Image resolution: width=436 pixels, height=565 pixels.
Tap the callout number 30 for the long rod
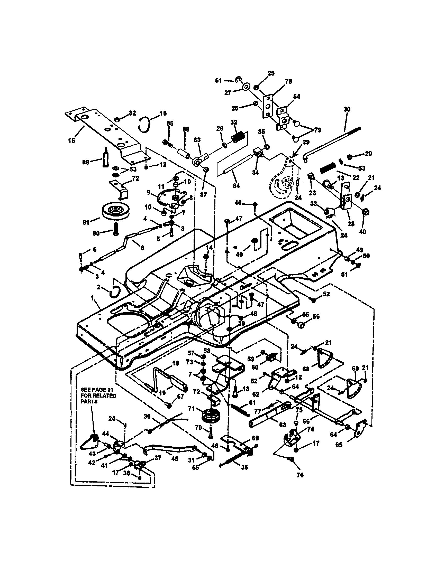[x=347, y=109]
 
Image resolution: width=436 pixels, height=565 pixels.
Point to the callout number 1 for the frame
[x=92, y=298]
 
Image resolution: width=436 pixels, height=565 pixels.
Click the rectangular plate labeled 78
[x=268, y=106]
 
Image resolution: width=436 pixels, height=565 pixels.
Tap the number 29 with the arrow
[x=306, y=142]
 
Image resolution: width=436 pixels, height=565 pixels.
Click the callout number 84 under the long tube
[x=236, y=185]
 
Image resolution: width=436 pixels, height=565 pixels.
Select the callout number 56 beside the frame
[x=316, y=316]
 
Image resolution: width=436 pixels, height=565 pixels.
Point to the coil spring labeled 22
[x=328, y=170]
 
